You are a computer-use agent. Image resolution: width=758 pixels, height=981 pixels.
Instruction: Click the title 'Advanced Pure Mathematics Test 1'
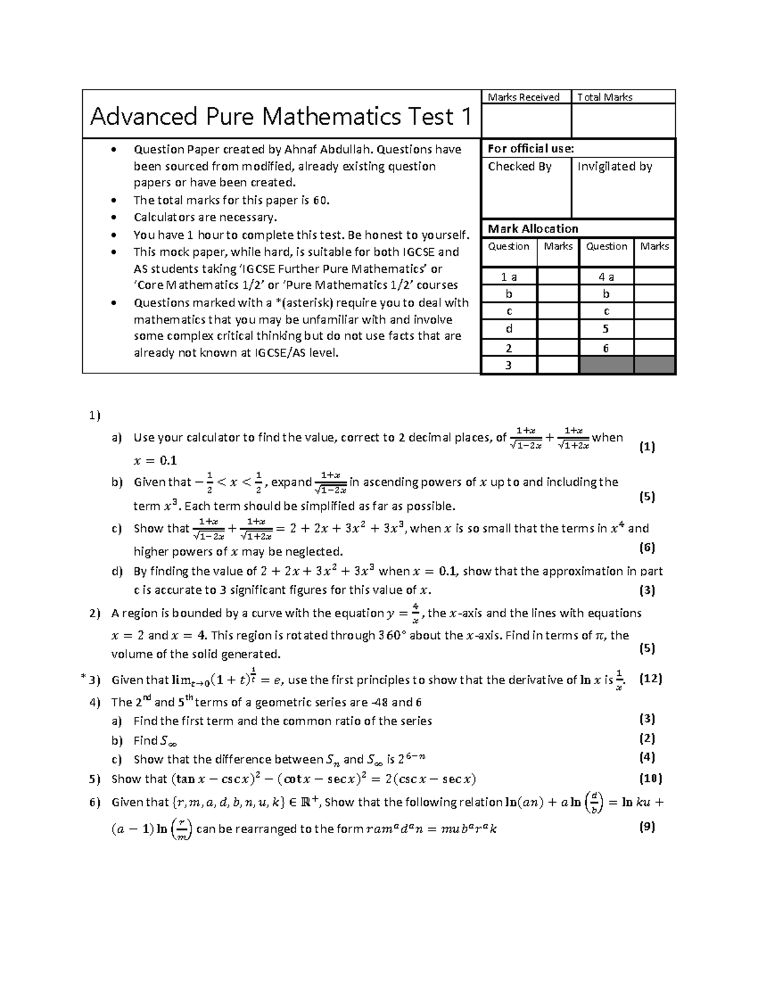280,116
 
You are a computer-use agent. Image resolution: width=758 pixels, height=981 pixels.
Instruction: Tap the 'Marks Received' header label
523,97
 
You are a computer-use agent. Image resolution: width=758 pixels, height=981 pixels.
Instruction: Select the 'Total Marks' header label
605,97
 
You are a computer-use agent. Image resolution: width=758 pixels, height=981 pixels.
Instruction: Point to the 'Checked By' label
519,166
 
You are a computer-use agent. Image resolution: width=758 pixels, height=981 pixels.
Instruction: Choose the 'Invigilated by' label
615,166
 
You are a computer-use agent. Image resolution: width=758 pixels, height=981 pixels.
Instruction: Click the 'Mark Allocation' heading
532,229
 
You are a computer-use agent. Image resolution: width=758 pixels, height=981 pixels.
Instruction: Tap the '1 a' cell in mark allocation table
508,277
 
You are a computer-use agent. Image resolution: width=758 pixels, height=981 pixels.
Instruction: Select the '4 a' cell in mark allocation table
606,277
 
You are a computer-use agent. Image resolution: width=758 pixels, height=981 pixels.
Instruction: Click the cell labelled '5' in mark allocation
606,329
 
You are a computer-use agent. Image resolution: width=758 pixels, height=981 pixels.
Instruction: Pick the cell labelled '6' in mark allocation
606,347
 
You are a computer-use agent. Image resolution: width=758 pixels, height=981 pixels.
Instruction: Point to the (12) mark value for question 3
650,679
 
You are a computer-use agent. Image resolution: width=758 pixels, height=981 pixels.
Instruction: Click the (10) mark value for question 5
650,778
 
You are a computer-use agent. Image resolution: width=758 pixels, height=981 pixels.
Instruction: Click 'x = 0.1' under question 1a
155,460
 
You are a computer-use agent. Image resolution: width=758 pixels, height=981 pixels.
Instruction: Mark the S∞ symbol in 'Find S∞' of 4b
169,741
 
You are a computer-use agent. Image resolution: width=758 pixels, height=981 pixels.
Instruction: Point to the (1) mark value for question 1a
647,447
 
